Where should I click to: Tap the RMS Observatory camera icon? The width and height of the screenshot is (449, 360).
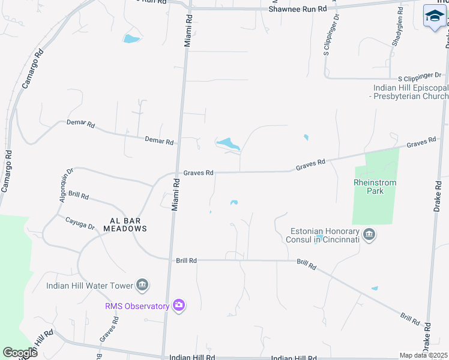pyautogui.click(x=178, y=306)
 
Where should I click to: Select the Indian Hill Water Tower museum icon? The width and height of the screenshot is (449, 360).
pyautogui.click(x=142, y=284)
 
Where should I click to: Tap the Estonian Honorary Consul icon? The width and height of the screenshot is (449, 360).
pyautogui.click(x=370, y=235)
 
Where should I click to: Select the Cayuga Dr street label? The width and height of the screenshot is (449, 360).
pyautogui.click(x=80, y=223)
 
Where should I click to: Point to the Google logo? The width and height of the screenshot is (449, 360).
pyautogui.click(x=20, y=352)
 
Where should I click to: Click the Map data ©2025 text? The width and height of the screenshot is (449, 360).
pyautogui.click(x=423, y=355)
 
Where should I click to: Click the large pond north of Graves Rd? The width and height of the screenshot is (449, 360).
pyautogui.click(x=228, y=144)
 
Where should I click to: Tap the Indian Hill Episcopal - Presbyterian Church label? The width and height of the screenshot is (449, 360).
pyautogui.click(x=411, y=92)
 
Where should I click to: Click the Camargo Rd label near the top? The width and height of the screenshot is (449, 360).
pyautogui.click(x=33, y=68)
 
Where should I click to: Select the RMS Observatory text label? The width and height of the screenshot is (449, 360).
pyautogui.click(x=137, y=307)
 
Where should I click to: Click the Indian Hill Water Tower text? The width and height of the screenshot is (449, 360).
pyautogui.click(x=90, y=285)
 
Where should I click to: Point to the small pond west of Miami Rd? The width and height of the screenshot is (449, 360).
pyautogui.click(x=130, y=40)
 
